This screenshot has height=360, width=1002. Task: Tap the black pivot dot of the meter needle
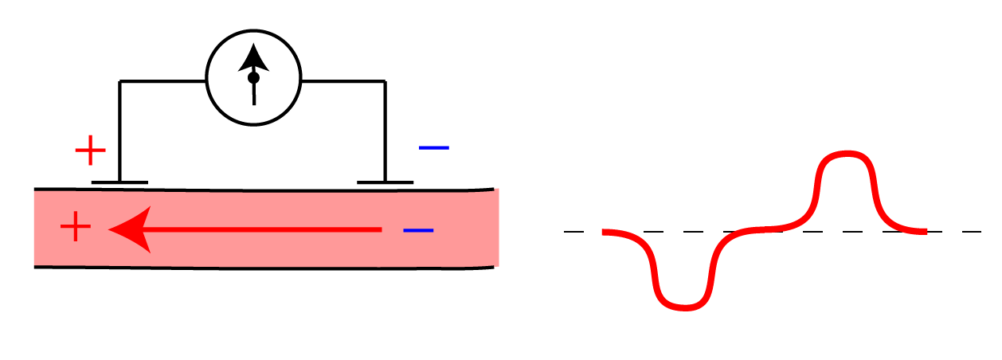pyautogui.click(x=253, y=78)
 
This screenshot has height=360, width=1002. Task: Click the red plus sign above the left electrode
pyautogui.click(x=90, y=149)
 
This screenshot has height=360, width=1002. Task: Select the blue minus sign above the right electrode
pyautogui.click(x=434, y=148)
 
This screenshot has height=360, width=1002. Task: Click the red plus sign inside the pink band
pyautogui.click(x=76, y=229)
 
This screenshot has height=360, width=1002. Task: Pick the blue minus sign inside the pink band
pyautogui.click(x=418, y=231)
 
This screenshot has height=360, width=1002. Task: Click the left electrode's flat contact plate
pyautogui.click(x=119, y=182)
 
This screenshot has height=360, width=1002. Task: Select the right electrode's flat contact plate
pyautogui.click(x=385, y=182)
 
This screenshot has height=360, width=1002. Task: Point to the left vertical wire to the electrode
pyautogui.click(x=119, y=131)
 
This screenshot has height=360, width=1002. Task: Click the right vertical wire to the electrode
pyautogui.click(x=386, y=131)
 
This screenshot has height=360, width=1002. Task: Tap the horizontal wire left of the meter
pyautogui.click(x=163, y=81)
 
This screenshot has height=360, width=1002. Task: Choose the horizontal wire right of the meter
pyautogui.click(x=343, y=81)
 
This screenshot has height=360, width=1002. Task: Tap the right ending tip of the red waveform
pyautogui.click(x=924, y=231)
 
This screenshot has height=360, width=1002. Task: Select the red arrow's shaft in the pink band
pyautogui.click(x=263, y=229)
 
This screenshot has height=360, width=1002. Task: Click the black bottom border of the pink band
pyautogui.click(x=263, y=267)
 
